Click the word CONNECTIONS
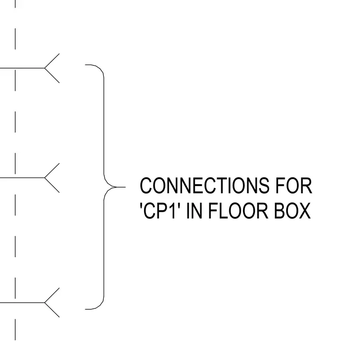point(205,186)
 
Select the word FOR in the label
point(294,186)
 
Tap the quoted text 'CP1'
point(159,210)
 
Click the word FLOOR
point(238,210)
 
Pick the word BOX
point(293,210)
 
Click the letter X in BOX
point(304,210)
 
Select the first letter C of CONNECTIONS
point(146,186)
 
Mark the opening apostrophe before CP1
point(141,205)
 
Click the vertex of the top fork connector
point(45,68)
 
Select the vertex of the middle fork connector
point(45,178)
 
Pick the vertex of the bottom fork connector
point(45,303)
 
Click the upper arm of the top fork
point(52,61)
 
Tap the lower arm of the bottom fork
point(52,310)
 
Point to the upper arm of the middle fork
point(52,171)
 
